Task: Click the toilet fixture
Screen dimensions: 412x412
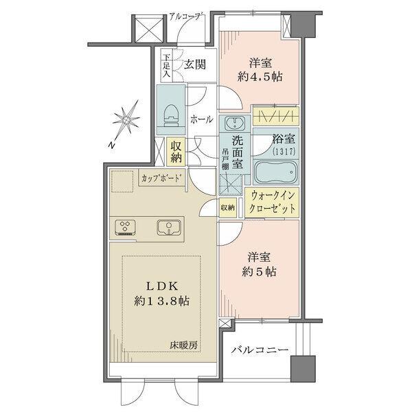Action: click(x=170, y=112)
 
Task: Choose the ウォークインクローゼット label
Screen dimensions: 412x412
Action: click(x=274, y=203)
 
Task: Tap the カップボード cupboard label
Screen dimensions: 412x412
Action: click(x=162, y=178)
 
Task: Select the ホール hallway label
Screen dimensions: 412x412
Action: click(x=201, y=119)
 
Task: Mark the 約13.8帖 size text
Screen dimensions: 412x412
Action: click(x=163, y=301)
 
